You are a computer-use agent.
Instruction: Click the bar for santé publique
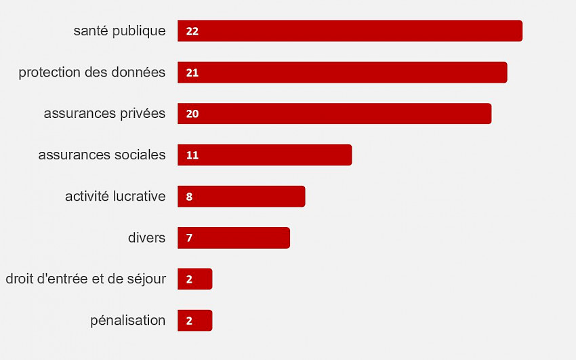[x=350, y=31]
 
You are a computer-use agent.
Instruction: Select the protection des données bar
[x=342, y=73]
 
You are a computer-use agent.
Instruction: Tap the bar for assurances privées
[x=334, y=114]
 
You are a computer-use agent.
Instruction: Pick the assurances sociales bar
[x=264, y=155]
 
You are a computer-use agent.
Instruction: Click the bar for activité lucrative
[x=241, y=197]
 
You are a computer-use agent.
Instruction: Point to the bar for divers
[x=233, y=238]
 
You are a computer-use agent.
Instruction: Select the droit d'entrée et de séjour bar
[x=194, y=279]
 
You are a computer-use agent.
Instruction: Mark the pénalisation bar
[x=194, y=321]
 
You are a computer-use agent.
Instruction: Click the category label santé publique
[x=119, y=31]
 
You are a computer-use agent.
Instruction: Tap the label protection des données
[x=92, y=73]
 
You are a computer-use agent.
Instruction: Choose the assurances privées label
[x=104, y=114]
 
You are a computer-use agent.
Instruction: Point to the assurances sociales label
[x=102, y=155]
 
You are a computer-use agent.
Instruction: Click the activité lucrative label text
[x=115, y=197]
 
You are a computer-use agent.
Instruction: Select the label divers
[x=146, y=238]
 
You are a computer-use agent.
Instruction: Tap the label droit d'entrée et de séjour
[x=85, y=279]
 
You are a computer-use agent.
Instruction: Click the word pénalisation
[x=127, y=321]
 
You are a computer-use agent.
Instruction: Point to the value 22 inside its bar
[x=192, y=31]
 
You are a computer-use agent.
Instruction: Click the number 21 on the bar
[x=192, y=73]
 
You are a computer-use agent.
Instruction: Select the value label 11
[x=192, y=155]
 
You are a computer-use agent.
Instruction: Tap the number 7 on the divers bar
[x=189, y=238]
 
